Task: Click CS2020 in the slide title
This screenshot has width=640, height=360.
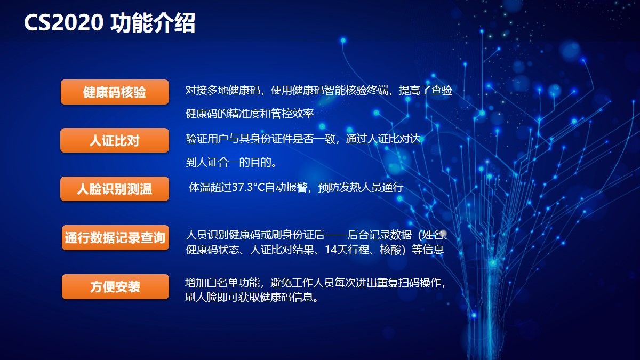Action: click(63, 22)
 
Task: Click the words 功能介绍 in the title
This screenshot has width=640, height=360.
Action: click(153, 23)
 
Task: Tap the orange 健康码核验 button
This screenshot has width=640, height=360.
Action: click(115, 92)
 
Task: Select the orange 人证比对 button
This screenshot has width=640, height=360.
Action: click(115, 140)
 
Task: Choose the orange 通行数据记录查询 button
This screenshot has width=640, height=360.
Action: click(115, 238)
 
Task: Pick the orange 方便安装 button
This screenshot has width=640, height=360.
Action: click(115, 286)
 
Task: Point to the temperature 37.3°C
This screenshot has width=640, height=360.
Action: click(249, 187)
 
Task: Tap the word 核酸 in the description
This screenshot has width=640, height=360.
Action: click(390, 250)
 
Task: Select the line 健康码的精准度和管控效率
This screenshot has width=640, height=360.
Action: click(250, 114)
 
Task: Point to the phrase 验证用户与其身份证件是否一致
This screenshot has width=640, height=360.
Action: click(260, 139)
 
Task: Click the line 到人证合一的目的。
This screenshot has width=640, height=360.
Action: click(231, 162)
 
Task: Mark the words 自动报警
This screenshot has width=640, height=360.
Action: click(286, 187)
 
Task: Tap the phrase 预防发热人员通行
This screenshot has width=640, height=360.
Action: click(361, 187)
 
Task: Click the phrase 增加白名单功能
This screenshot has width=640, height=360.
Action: click(222, 283)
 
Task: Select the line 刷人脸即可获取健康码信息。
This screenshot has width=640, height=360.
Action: click(251, 297)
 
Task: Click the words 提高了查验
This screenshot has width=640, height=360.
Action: click(426, 90)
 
